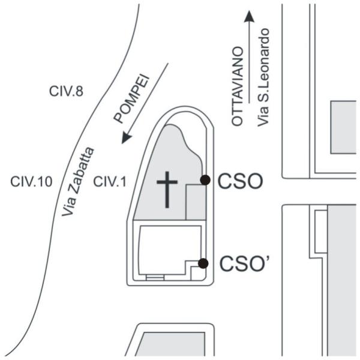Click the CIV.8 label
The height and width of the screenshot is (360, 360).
tap(66, 91)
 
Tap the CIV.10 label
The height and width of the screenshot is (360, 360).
tap(31, 182)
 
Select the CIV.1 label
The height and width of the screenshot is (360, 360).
tap(110, 182)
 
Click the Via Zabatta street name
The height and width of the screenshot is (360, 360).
tap(78, 182)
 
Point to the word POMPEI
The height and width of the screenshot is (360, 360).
tap(131, 99)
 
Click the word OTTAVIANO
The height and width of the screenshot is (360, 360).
tap(238, 86)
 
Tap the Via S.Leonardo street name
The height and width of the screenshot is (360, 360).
tap(263, 77)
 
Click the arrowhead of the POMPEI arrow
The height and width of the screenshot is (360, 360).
tap(126, 137)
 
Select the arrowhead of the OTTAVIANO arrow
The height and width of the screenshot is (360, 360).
tap(249, 17)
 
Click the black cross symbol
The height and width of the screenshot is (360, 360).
tap(167, 190)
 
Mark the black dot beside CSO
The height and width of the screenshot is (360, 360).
tap(205, 180)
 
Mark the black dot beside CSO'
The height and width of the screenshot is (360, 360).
tap(203, 263)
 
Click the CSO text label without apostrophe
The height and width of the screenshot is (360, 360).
tap(240, 181)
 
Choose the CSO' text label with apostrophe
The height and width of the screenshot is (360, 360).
tap(244, 263)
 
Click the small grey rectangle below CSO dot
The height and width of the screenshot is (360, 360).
tap(196, 202)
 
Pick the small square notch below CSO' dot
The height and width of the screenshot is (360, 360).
tap(198, 273)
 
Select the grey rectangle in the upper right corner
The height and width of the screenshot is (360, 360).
tap(343, 127)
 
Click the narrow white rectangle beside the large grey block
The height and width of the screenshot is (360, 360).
tap(321, 232)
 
